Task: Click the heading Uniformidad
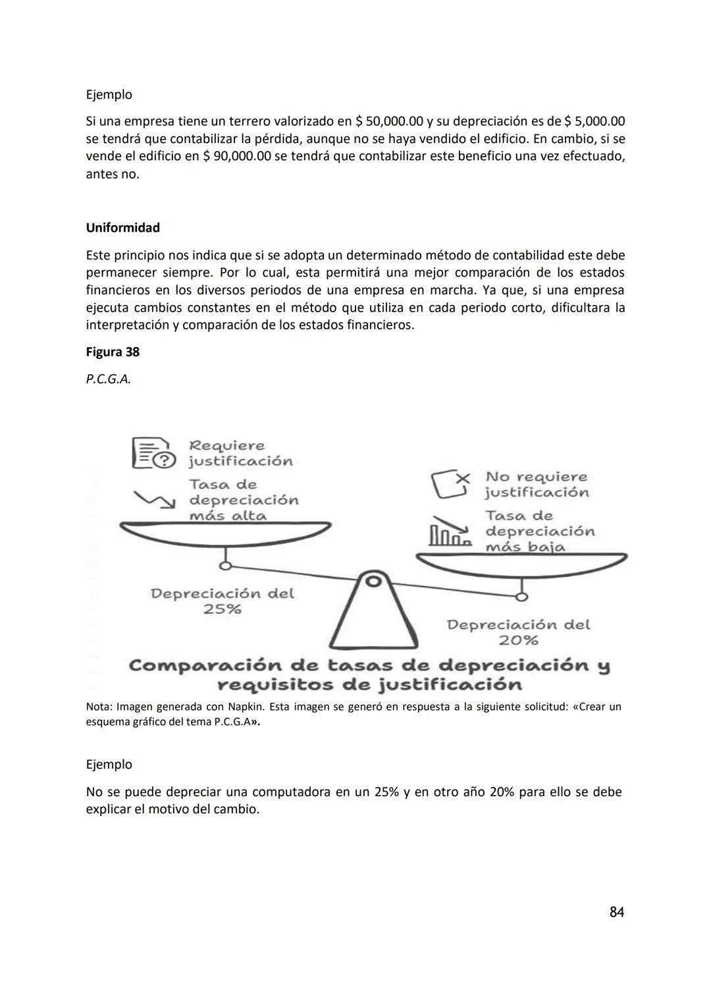pos(122,228)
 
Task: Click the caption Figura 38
pos(113,352)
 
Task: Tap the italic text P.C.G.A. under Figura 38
pos(108,379)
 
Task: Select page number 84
pos(616,912)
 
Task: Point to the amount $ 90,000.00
pos(236,157)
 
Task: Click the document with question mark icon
pos(153,453)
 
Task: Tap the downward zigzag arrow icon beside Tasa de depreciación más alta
pos(155,500)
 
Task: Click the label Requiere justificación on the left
pos(240,453)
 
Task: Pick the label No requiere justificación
pos(537,484)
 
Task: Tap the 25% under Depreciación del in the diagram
pos(223,609)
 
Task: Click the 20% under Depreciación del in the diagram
pos(518,640)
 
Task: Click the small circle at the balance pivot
pos(373,582)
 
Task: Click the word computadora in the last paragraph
pos(291,792)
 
